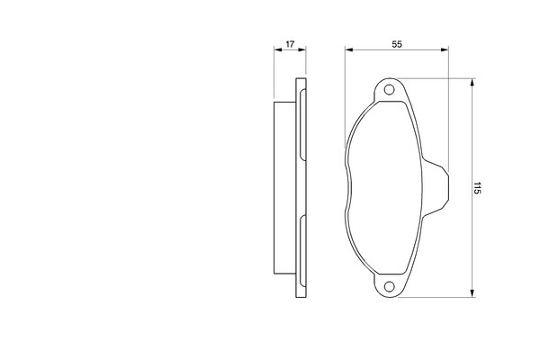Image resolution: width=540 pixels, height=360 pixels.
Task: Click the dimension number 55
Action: (396, 43)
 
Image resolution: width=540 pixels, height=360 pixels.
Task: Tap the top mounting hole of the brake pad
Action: (390, 90)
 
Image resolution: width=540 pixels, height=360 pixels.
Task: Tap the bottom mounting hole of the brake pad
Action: (390, 287)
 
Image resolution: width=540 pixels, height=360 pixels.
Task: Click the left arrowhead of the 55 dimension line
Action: (348, 51)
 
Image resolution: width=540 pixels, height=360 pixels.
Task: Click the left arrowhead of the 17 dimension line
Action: (276, 51)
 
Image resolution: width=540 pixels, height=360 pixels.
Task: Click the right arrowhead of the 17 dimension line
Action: (302, 51)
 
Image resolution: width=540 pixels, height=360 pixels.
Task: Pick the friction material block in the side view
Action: (284, 189)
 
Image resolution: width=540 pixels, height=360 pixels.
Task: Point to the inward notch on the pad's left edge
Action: (348, 189)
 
